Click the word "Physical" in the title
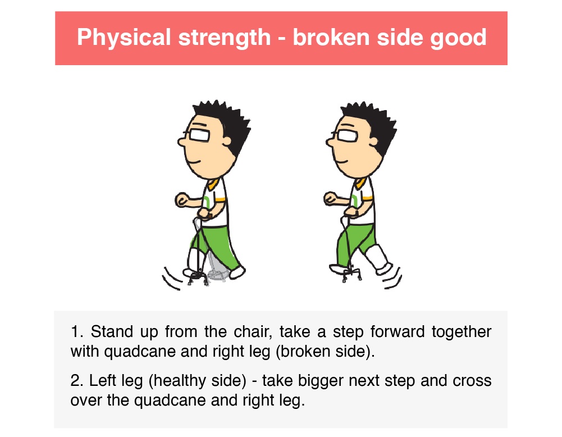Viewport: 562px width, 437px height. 124,38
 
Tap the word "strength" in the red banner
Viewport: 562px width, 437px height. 225,38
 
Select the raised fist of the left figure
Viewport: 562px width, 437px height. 182,199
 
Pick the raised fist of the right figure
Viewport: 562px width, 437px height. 331,198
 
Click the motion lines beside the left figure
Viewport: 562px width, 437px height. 172,279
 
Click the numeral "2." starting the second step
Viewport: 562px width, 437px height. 77,381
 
